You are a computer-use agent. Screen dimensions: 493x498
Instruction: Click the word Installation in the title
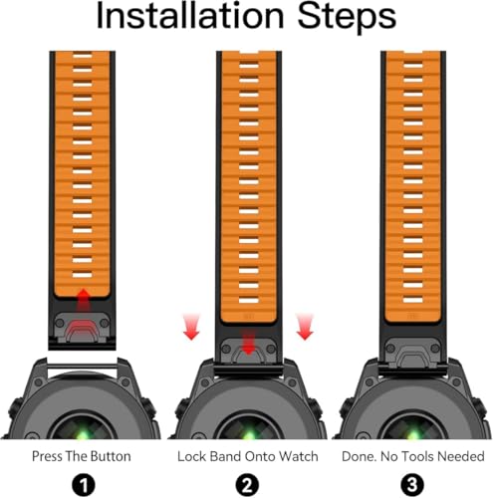[190, 16]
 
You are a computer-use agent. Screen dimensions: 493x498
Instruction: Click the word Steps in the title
[347, 17]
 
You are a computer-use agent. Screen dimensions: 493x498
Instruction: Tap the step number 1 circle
[84, 485]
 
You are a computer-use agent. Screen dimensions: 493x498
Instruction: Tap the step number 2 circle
[247, 485]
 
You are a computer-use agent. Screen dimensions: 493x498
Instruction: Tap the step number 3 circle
[412, 485]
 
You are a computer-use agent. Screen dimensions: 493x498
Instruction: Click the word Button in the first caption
[111, 456]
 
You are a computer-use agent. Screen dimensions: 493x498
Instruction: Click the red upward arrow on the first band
[83, 300]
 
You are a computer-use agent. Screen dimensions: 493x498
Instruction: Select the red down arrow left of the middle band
[191, 327]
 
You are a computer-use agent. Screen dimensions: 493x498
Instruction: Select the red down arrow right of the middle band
[305, 327]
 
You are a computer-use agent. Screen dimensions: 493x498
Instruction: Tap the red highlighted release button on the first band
[82, 330]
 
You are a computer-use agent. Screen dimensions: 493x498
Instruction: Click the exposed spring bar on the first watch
[82, 367]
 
